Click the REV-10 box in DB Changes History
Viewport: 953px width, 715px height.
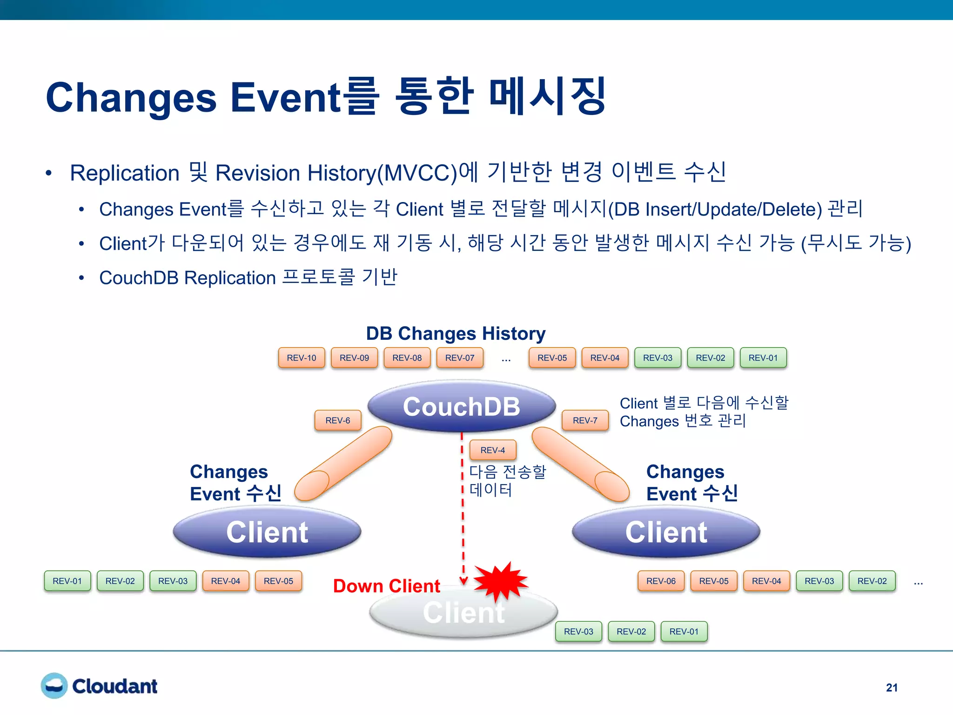pyautogui.click(x=301, y=357)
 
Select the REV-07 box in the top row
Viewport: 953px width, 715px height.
pyautogui.click(x=459, y=357)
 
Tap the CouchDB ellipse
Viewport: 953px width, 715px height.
pyautogui.click(x=461, y=406)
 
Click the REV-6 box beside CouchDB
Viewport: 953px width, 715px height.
pyautogui.click(x=337, y=420)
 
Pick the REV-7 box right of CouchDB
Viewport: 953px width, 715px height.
pyautogui.click(x=585, y=420)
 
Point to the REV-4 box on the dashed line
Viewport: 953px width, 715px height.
pyautogui.click(x=492, y=450)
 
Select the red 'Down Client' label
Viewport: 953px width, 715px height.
pyautogui.click(x=386, y=586)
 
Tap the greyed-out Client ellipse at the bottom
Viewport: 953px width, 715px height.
pyautogui.click(x=463, y=613)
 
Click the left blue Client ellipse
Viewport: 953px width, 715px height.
pyautogui.click(x=267, y=532)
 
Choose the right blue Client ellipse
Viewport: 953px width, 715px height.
pyautogui.click(x=666, y=532)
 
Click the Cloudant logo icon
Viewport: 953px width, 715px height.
pyautogui.click(x=54, y=686)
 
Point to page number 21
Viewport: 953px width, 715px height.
pyautogui.click(x=892, y=688)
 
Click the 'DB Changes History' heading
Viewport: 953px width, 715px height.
pyautogui.click(x=456, y=333)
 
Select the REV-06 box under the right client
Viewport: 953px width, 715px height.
pyautogui.click(x=661, y=581)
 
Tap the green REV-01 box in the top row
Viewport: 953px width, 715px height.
pyautogui.click(x=763, y=357)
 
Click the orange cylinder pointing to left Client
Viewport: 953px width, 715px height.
pyautogui.click(x=343, y=464)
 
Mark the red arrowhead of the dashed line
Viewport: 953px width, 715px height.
pyautogui.click(x=463, y=580)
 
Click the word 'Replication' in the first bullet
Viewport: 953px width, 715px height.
pyautogui.click(x=125, y=173)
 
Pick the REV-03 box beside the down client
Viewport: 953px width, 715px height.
pyautogui.click(x=578, y=632)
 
